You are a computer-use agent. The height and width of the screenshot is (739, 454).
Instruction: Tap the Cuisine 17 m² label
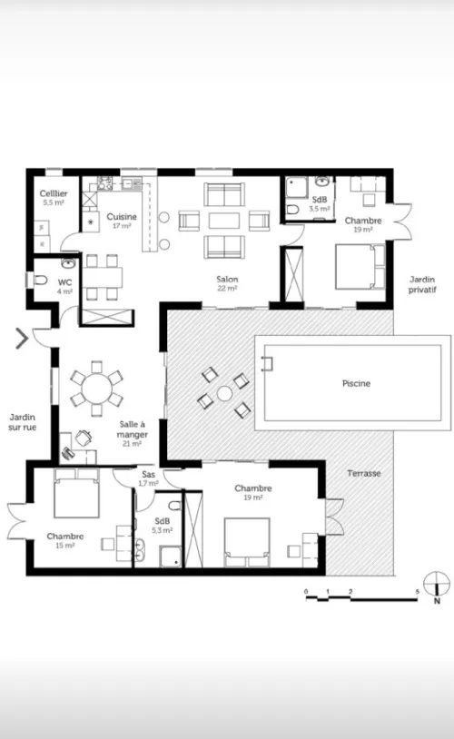coord(122,221)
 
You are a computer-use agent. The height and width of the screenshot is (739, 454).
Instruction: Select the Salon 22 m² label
coord(227,283)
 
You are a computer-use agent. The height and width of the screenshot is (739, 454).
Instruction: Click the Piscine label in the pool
coord(357,384)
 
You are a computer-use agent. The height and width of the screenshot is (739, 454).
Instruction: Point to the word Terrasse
coord(364,473)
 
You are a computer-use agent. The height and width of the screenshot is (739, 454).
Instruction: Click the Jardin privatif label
coord(422,285)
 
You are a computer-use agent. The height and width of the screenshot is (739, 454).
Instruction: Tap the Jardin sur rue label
coord(22,422)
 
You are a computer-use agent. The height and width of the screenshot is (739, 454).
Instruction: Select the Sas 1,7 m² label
coord(148,478)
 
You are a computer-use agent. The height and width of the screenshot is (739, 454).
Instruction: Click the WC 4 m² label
coord(65,287)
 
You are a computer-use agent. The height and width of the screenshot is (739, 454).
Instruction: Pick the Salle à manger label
coord(132,434)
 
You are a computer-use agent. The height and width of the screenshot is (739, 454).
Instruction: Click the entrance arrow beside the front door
coord(22,339)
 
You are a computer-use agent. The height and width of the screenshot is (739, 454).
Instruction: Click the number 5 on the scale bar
coord(418,592)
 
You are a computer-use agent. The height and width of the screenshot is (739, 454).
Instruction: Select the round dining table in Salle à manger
coord(96,389)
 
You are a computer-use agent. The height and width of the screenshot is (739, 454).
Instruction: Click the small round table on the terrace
coord(224,393)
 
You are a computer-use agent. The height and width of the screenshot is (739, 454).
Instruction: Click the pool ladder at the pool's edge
coord(267,363)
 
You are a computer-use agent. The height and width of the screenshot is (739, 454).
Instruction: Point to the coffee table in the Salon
coord(224,221)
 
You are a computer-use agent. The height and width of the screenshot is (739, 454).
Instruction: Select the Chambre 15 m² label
coord(65,540)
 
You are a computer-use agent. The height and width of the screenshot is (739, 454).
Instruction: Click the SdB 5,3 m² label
coord(163,526)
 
